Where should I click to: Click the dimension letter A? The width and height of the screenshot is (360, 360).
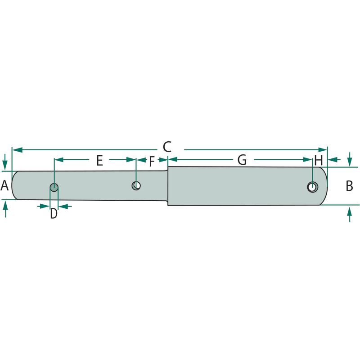point(4,185)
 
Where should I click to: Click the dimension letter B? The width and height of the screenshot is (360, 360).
point(349,186)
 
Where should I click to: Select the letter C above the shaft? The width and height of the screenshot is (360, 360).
point(167,147)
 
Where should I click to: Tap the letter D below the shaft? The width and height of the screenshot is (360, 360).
point(54,213)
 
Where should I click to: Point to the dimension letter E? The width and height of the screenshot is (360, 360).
point(99,161)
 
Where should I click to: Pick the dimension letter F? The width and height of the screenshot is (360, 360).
point(152,162)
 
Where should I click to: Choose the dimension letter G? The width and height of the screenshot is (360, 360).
point(242,160)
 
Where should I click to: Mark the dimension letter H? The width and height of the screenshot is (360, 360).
point(319,160)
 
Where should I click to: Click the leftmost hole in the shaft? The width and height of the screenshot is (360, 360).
point(54,188)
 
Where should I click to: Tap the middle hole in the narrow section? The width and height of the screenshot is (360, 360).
point(136,185)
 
